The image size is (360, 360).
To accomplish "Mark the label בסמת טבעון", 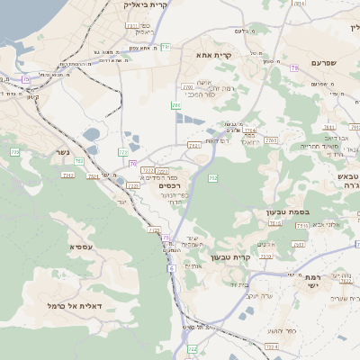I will click(x=287, y=212).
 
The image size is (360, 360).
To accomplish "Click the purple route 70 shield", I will click(x=132, y=164).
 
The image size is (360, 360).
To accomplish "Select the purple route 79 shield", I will click(x=294, y=68).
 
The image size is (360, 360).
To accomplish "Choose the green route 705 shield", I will click(x=175, y=106).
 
